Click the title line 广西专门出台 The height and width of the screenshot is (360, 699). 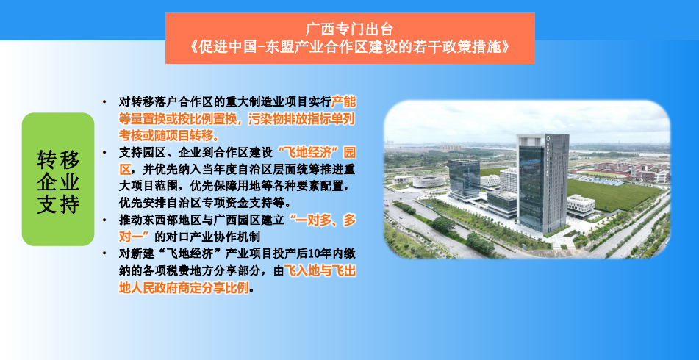(x=350, y=29)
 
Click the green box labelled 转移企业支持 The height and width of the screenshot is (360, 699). (x=58, y=179)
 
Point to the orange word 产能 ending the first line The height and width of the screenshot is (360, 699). (x=344, y=102)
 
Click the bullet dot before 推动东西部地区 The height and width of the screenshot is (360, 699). (x=104, y=220)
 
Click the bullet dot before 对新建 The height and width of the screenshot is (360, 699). (x=104, y=253)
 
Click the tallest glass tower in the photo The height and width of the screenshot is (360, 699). (x=542, y=183)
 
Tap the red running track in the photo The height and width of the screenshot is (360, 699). (x=601, y=173)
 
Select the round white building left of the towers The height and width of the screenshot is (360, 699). (x=429, y=181)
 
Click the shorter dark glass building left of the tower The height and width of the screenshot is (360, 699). (x=464, y=179)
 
